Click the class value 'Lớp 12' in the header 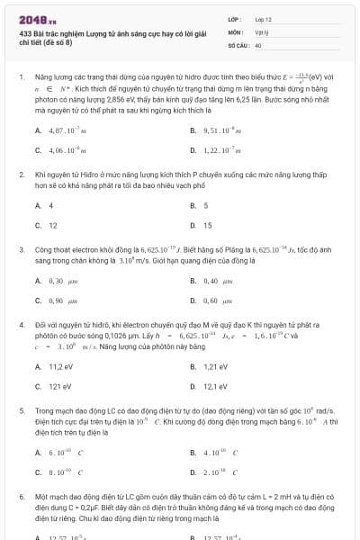[263, 18]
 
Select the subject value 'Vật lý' [261, 31]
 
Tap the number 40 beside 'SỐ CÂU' [258, 44]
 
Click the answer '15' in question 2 [206, 225]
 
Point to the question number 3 [22, 247]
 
